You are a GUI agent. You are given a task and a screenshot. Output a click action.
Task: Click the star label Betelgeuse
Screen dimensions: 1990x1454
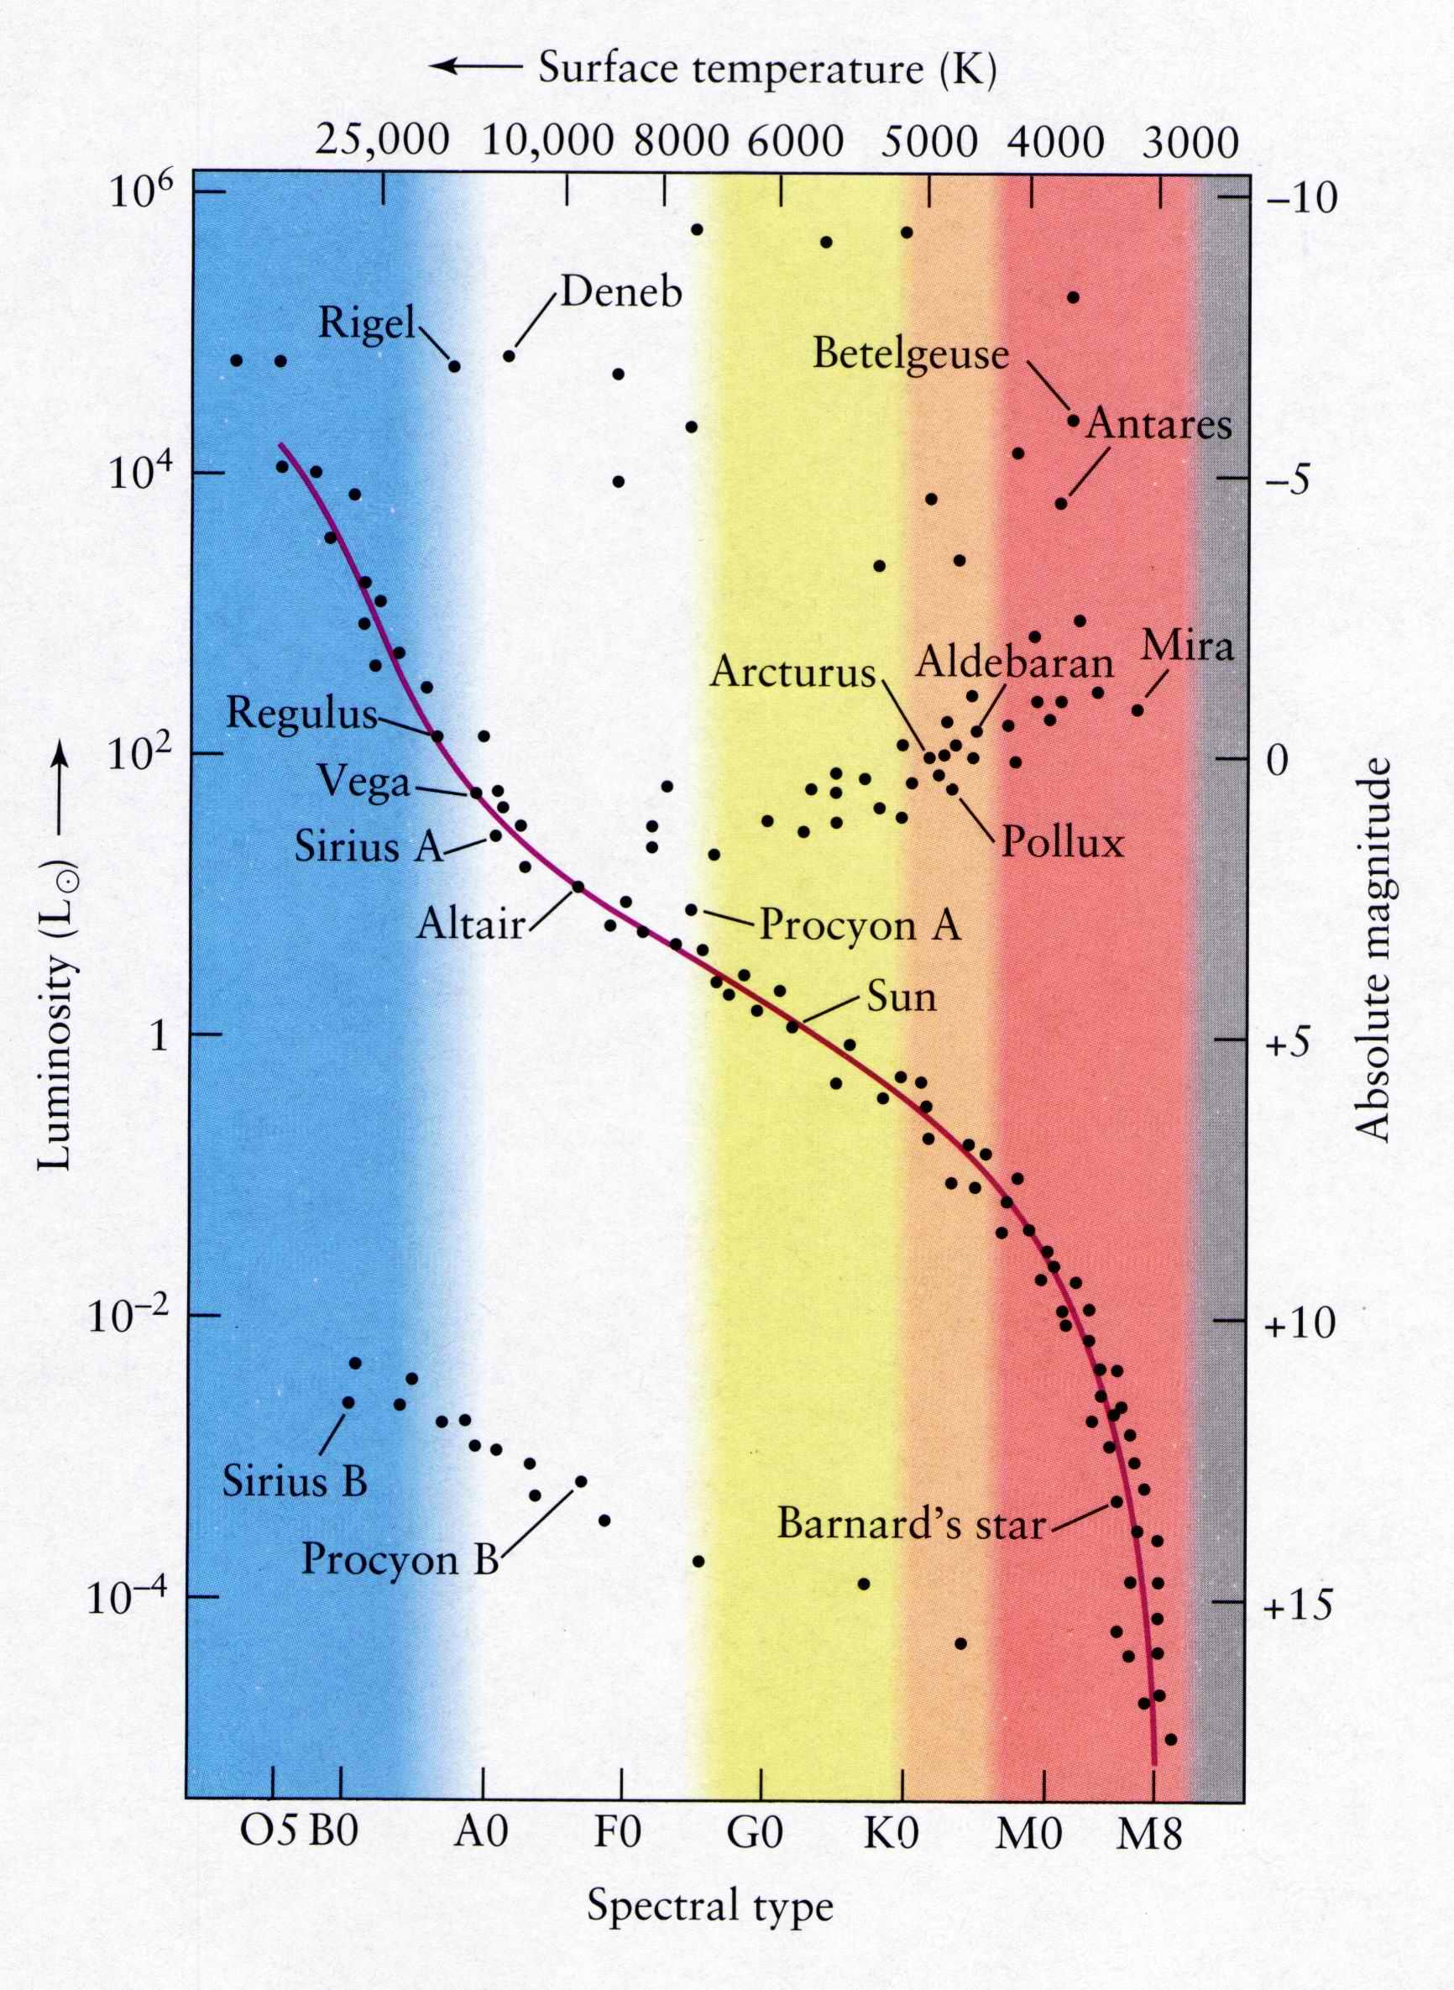point(910,354)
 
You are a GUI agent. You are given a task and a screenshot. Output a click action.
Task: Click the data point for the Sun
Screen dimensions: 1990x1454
point(792,1026)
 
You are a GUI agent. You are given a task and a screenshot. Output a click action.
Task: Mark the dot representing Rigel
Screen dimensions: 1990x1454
point(454,366)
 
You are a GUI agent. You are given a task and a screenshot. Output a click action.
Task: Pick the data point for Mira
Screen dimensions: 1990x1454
point(1138,710)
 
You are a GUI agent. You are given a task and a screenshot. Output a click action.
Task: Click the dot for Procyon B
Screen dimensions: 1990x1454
point(580,1481)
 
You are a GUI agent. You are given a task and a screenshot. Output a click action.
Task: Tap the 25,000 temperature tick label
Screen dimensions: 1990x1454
point(382,141)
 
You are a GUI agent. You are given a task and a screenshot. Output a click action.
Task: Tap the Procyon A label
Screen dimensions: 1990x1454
point(860,925)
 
